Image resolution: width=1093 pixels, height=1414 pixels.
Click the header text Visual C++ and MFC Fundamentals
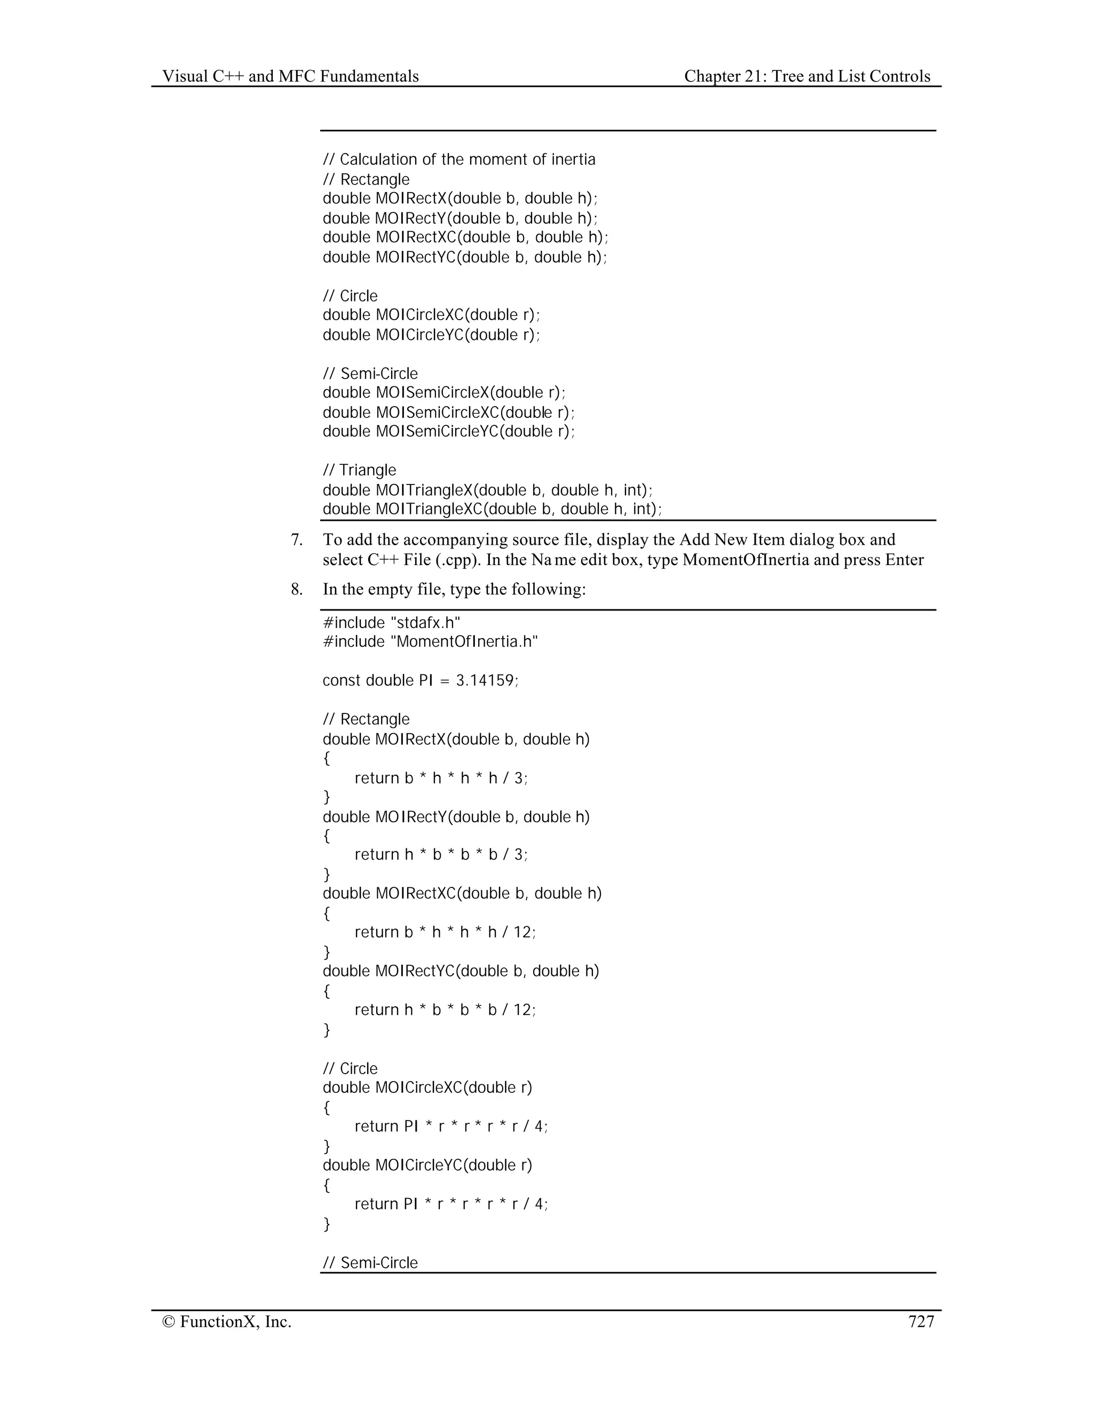(290, 76)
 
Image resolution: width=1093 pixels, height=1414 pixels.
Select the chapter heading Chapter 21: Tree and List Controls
(807, 76)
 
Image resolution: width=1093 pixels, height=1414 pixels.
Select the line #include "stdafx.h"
(391, 623)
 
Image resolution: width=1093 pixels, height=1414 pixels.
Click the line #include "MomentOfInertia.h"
(430, 641)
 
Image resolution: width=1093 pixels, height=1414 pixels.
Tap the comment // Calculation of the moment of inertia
(458, 159)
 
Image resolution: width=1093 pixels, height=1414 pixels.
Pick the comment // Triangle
(359, 470)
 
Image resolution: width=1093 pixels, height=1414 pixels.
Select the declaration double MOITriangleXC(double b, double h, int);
(492, 509)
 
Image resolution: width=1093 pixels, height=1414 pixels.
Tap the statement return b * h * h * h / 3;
(441, 777)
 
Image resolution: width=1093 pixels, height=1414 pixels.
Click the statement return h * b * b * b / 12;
(445, 1010)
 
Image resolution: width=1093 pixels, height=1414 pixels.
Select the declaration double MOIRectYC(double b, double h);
(465, 257)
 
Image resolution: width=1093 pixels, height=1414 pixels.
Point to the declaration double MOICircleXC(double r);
(431, 315)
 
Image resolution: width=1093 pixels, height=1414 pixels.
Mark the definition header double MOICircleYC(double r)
(427, 1165)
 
